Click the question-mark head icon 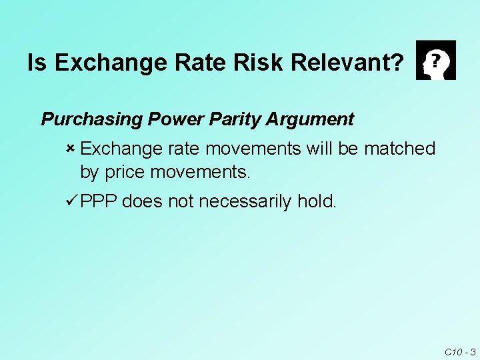click(x=435, y=60)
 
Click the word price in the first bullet click(x=127, y=173)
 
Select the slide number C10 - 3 click(x=459, y=351)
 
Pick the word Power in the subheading click(x=173, y=119)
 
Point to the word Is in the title click(x=37, y=63)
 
